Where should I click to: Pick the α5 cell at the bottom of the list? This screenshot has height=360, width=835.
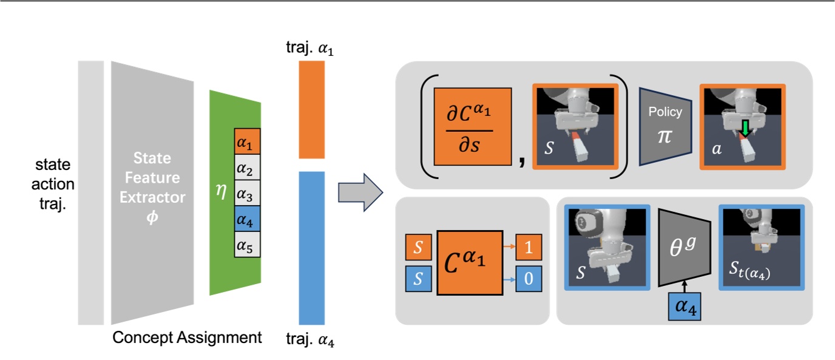[247, 246]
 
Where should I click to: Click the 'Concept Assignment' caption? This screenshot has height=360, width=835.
[187, 338]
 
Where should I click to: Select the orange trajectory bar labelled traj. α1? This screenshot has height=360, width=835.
[313, 109]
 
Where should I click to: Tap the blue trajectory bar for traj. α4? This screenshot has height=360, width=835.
[313, 247]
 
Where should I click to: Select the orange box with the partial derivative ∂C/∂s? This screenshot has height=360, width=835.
[473, 127]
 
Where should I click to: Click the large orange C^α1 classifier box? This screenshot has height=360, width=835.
[470, 262]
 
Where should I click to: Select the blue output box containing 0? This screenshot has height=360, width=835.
[529, 279]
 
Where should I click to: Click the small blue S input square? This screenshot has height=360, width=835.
[417, 279]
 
